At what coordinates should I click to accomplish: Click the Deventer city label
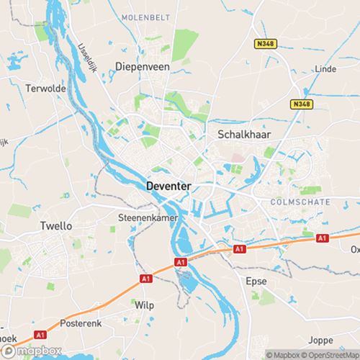[x=168, y=186]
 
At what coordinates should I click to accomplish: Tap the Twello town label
[x=55, y=225]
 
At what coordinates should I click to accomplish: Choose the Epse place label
[x=256, y=280]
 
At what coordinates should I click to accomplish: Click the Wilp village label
[x=145, y=305]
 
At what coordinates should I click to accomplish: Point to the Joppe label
[x=320, y=339]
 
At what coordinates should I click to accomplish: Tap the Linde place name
[x=325, y=68]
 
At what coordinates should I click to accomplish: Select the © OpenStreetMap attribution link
[x=332, y=354]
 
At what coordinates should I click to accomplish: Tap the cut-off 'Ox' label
[x=354, y=249]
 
